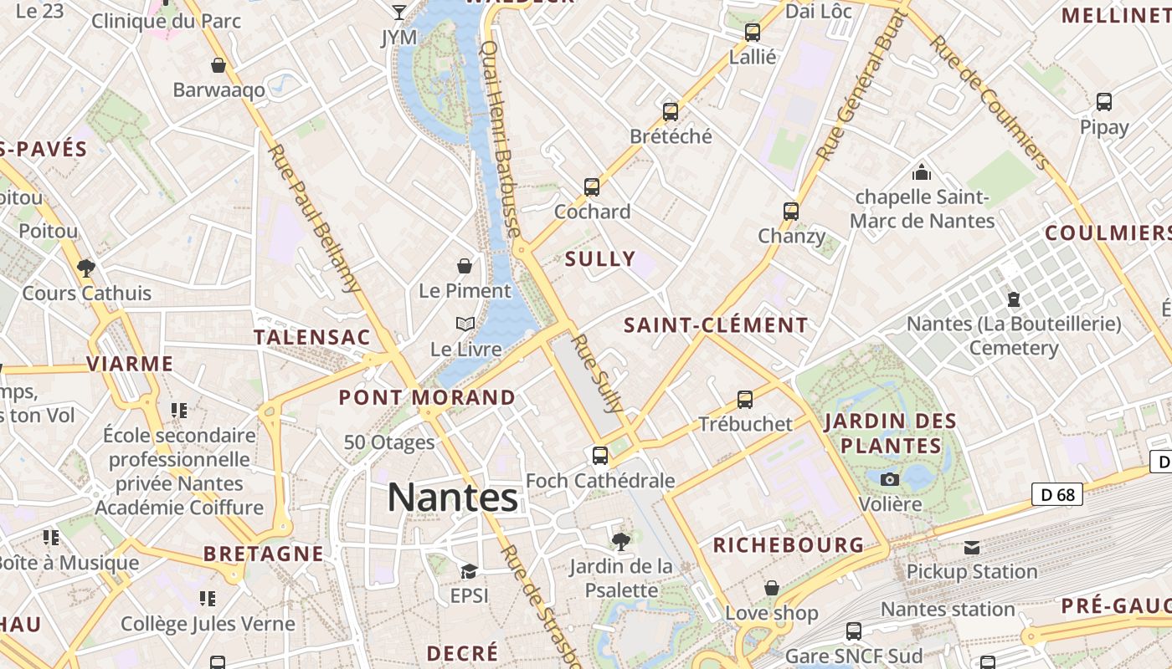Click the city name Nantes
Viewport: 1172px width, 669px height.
point(453,498)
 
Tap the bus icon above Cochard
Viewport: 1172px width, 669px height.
point(592,187)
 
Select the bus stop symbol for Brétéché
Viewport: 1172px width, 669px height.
point(671,112)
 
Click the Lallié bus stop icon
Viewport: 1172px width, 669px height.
point(753,33)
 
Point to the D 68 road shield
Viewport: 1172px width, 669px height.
point(1056,494)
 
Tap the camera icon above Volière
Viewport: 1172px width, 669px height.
point(890,479)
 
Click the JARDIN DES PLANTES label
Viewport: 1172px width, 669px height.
point(890,432)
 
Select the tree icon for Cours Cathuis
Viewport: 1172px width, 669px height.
point(85,268)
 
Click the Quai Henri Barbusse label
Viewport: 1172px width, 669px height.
point(501,139)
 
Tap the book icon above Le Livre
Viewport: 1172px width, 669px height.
point(465,324)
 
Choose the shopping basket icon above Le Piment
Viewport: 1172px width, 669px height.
point(465,266)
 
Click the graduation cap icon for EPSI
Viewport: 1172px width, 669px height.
point(469,571)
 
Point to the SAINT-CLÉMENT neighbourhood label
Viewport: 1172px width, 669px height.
point(717,325)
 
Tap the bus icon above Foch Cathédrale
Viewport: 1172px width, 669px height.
point(600,456)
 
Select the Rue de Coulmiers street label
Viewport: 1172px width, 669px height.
point(990,102)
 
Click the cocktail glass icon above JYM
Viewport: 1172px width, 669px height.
point(399,12)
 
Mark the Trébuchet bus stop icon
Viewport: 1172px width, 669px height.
point(745,400)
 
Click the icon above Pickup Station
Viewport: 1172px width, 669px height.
point(971,548)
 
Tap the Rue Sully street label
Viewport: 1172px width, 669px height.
point(597,374)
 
